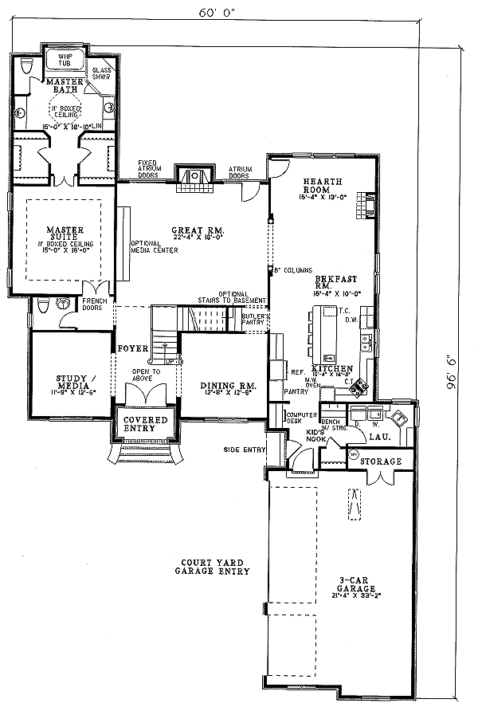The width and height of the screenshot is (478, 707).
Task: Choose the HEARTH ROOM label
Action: (318, 188)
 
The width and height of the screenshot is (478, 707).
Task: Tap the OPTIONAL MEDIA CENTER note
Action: (155, 246)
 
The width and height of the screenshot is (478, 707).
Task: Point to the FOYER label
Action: (131, 349)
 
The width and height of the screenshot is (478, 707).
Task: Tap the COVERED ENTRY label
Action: (144, 424)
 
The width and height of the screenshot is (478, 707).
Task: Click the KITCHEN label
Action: (339, 368)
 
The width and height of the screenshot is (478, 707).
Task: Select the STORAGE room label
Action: (381, 461)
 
